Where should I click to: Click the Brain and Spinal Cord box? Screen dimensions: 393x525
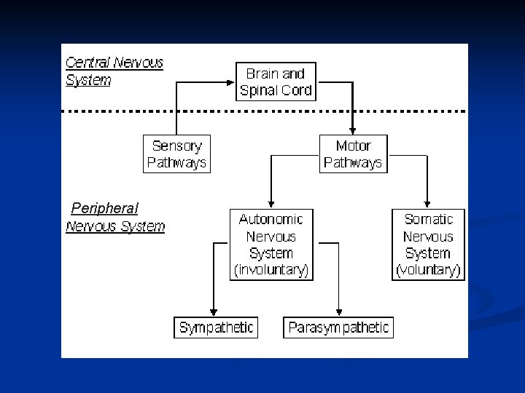tap(276, 81)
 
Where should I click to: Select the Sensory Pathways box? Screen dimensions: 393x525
tap(176, 153)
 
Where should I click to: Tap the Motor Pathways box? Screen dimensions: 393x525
tap(353, 153)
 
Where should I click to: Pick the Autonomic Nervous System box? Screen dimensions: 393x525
tap(271, 245)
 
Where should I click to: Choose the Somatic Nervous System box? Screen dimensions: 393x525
tap(428, 245)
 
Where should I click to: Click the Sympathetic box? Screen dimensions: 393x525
tap(215, 327)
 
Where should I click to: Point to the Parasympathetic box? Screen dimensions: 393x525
tap(338, 327)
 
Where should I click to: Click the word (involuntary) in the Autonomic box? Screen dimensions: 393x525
tap(271, 271)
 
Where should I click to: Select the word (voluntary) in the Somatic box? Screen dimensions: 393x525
tap(428, 271)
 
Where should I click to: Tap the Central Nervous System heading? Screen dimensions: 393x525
tap(114, 71)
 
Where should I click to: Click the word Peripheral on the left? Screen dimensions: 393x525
tap(104, 208)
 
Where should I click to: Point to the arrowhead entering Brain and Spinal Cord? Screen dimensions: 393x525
tap(231, 81)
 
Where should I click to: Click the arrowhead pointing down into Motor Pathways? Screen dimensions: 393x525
tap(353, 129)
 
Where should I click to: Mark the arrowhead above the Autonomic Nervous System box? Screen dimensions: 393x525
tap(271, 203)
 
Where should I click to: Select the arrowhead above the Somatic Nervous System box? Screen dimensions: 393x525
tap(428, 203)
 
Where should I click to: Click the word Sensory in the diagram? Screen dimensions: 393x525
tap(176, 145)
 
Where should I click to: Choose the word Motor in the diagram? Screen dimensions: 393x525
tap(353, 145)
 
